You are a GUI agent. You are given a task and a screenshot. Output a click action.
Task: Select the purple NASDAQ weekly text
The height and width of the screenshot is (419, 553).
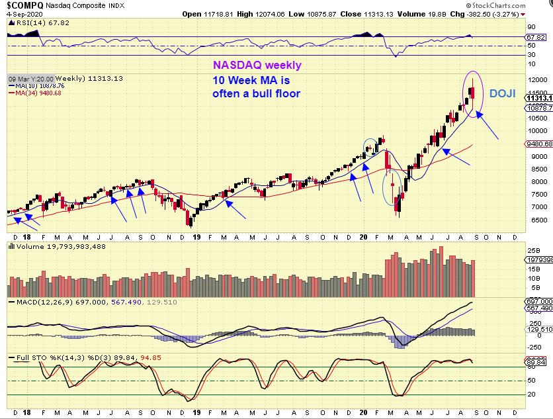(257, 66)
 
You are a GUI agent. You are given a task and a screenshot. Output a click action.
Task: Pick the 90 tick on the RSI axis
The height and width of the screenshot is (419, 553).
(531, 27)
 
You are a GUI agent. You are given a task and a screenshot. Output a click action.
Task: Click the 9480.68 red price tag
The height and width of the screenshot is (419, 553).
(540, 144)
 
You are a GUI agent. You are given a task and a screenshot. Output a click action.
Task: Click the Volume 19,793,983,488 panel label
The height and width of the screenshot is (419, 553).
(52, 247)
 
